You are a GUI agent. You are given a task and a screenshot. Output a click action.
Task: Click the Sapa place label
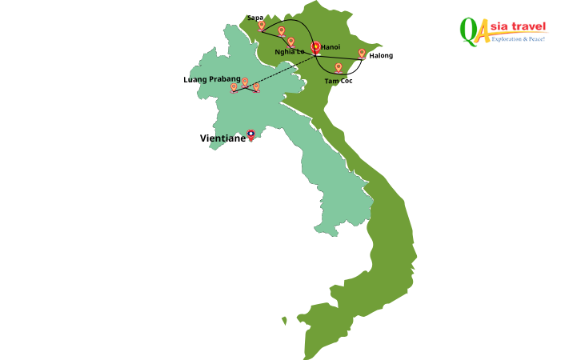(255, 17)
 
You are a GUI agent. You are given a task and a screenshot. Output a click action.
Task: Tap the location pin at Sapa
(262, 26)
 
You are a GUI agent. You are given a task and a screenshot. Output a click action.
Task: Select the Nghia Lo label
(289, 51)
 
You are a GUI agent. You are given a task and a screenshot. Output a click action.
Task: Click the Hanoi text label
(331, 47)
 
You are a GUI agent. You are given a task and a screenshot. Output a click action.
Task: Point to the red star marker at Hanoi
(315, 47)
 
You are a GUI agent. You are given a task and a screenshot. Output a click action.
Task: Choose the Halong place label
(381, 55)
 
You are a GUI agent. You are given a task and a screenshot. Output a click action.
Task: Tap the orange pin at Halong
(362, 54)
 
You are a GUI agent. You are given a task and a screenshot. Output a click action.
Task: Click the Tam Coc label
(339, 81)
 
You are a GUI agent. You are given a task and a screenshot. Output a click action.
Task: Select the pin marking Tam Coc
(339, 68)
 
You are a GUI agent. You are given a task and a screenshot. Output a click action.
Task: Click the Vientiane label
(222, 138)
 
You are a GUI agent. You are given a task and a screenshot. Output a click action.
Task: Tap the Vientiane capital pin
(251, 134)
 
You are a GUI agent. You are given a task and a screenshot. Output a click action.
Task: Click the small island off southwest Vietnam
(284, 321)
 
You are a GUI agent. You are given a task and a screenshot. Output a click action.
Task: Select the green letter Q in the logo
(469, 30)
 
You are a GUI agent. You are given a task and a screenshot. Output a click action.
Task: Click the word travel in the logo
(529, 28)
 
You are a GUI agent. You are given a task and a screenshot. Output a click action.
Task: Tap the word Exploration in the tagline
(510, 39)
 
